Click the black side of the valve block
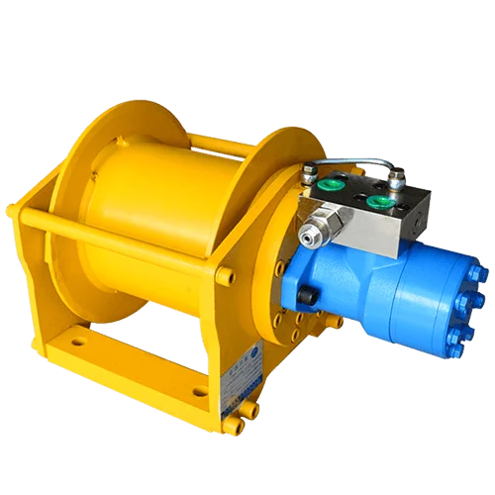tap(421, 213)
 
